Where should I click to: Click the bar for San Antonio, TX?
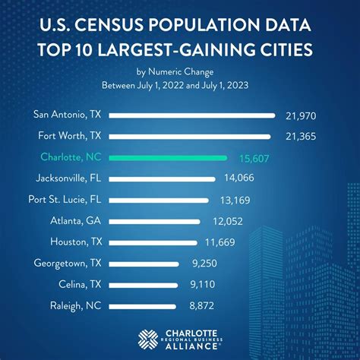[193, 115]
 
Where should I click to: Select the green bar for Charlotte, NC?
[169, 158]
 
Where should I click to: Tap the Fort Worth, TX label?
[70, 137]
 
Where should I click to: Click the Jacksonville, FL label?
[70, 178]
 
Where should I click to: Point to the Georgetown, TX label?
[68, 263]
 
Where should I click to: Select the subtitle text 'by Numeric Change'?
[179, 73]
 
